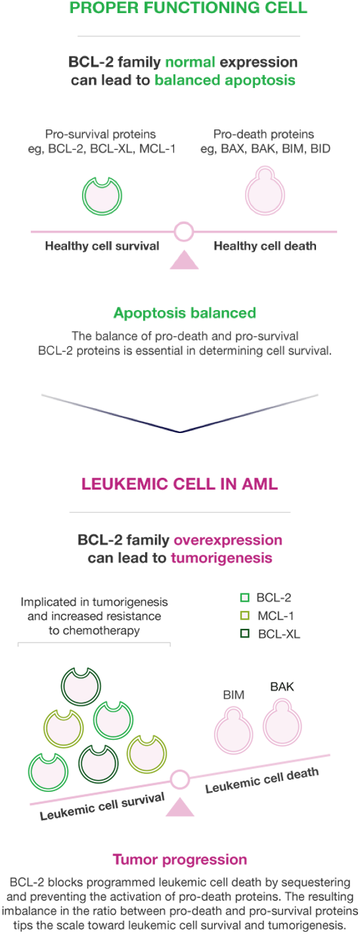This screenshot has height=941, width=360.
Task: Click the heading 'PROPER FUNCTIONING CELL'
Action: (188, 7)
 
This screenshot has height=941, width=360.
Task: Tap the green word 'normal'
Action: (191, 62)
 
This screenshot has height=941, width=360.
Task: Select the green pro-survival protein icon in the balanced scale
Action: (102, 196)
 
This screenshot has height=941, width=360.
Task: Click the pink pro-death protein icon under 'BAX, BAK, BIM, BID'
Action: (265, 191)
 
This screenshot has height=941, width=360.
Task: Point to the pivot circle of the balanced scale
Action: (183, 231)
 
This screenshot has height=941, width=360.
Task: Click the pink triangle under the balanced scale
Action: (184, 260)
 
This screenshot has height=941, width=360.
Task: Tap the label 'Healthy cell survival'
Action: (102, 246)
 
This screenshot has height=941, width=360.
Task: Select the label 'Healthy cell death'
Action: (265, 246)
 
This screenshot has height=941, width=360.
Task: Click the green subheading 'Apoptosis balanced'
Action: (185, 313)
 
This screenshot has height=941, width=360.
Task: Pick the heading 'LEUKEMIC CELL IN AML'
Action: (180, 484)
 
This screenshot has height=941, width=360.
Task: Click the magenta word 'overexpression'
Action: (228, 539)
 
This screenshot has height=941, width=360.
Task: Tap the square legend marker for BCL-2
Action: (244, 597)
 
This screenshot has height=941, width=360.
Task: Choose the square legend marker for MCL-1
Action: (244, 616)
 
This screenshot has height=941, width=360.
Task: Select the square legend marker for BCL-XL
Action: (244, 633)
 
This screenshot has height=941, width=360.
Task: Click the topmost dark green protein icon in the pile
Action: (81, 686)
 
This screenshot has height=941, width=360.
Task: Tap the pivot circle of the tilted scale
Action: (180, 780)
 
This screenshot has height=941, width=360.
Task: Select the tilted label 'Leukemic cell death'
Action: (262, 781)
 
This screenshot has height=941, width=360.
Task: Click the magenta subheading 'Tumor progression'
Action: (180, 860)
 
